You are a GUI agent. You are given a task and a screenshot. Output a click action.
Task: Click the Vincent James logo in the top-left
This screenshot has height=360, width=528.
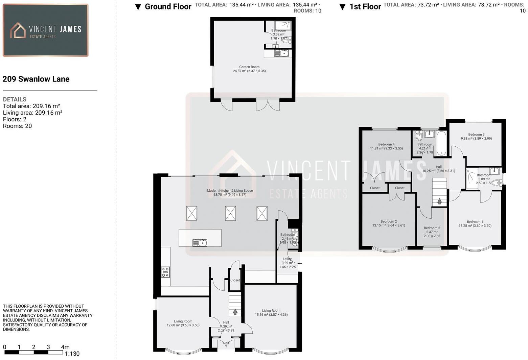pyautogui.click(x=45, y=30)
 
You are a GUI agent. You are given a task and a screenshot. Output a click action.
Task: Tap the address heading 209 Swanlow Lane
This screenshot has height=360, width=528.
pyautogui.click(x=36, y=79)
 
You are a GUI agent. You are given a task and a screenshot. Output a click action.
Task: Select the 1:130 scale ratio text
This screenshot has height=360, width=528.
pyautogui.click(x=72, y=354)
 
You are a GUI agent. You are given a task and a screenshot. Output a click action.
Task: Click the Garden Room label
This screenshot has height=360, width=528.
pyautogui.click(x=249, y=67)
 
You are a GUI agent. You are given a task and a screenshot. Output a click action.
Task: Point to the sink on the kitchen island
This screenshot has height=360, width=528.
pyautogui.click(x=200, y=243)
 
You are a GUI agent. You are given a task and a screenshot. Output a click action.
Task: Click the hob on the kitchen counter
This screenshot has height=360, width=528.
pyautogui.click(x=165, y=272)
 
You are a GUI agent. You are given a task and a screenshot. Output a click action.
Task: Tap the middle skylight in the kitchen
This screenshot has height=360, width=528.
pyautogui.click(x=230, y=213)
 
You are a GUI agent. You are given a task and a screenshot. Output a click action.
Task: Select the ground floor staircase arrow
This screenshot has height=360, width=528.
pyautogui.click(x=235, y=312)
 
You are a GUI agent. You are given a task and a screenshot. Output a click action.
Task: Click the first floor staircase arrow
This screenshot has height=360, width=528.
pyautogui.click(x=439, y=201)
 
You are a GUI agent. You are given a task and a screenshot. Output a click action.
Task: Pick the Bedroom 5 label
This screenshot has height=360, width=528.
pyautogui.click(x=432, y=228)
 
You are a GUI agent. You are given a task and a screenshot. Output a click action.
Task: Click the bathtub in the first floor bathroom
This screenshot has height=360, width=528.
pyautogui.click(x=441, y=143)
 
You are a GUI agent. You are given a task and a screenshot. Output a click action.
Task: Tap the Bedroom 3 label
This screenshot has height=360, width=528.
pyautogui.click(x=476, y=135)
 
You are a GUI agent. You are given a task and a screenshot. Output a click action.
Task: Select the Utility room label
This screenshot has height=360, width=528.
pyautogui.click(x=287, y=259)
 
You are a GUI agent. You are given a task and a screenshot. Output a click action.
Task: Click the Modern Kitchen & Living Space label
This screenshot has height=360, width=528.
pyautogui.click(x=230, y=191)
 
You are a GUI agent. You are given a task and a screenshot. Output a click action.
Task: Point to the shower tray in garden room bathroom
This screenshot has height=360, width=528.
pyautogui.click(x=282, y=25)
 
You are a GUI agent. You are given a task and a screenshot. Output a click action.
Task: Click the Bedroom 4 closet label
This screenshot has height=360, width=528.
pyautogui.click(x=374, y=188)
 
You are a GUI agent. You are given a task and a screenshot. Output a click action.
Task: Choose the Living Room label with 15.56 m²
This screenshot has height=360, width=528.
pyautogui.click(x=271, y=311)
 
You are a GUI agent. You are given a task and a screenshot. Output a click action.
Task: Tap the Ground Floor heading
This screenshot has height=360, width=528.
pyautogui.click(x=168, y=7)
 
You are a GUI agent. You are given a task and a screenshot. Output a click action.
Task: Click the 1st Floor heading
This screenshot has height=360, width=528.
pyautogui.click(x=365, y=7)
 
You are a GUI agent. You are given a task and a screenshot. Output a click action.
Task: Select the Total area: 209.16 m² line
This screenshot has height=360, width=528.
pyautogui.click(x=31, y=106)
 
